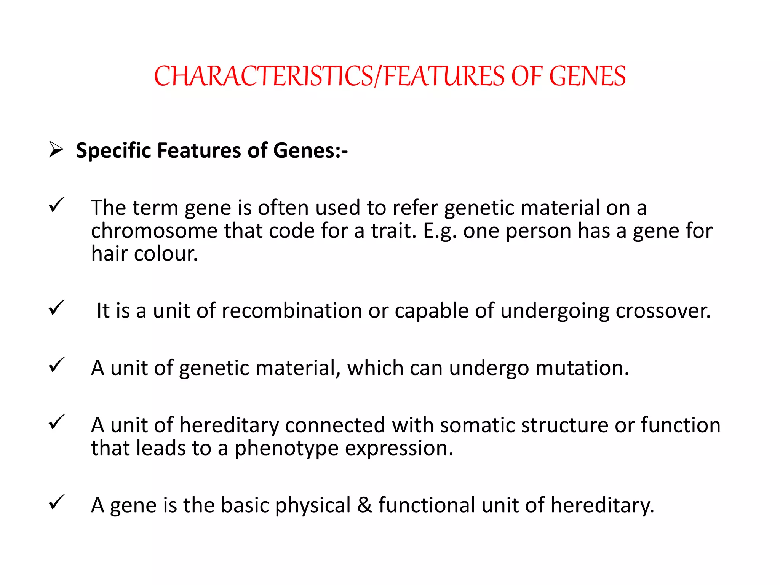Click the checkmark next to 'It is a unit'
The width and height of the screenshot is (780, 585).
pos(56,307)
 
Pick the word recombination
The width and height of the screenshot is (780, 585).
pos(291,311)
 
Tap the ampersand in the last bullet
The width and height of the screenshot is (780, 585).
pos(364,505)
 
